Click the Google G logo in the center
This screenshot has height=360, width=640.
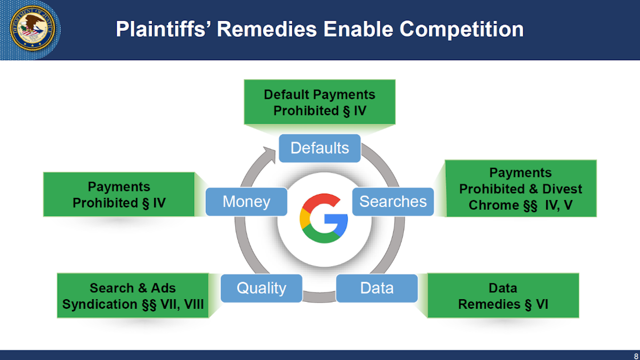[324, 219]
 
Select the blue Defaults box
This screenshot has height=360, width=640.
[319, 148]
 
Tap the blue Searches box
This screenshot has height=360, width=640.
[393, 201]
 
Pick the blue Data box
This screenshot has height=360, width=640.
[377, 288]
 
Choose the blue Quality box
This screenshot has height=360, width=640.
[261, 288]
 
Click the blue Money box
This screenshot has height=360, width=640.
[246, 202]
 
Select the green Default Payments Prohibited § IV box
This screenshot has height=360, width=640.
[319, 102]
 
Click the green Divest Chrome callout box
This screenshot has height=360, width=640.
[521, 189]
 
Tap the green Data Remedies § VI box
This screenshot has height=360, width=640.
[503, 296]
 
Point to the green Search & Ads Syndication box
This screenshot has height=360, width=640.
[133, 296]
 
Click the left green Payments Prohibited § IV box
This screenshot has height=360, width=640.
[119, 195]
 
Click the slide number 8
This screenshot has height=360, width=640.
[635, 355]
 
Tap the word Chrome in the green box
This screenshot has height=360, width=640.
[489, 205]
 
